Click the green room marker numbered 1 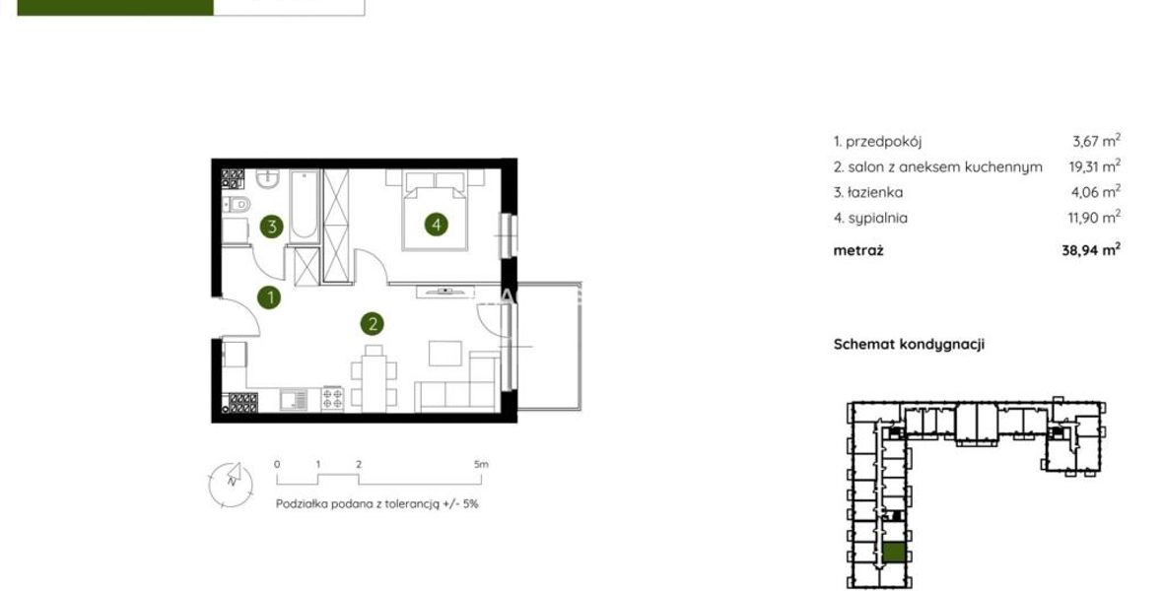[x=269, y=298]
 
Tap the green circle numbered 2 [x=373, y=323]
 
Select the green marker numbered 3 [x=271, y=227]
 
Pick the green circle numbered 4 [x=436, y=224]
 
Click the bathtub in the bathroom [x=304, y=206]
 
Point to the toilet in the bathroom [x=238, y=204]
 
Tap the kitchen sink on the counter [x=294, y=400]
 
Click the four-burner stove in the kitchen [x=333, y=399]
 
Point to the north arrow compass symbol [x=231, y=484]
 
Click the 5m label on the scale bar [x=481, y=464]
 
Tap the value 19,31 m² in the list [x=1094, y=166]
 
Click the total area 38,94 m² [x=1091, y=250]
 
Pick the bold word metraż [x=858, y=250]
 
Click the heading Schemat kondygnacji [x=909, y=344]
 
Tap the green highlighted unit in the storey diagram [x=895, y=554]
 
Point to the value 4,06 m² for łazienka [x=1096, y=191]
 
